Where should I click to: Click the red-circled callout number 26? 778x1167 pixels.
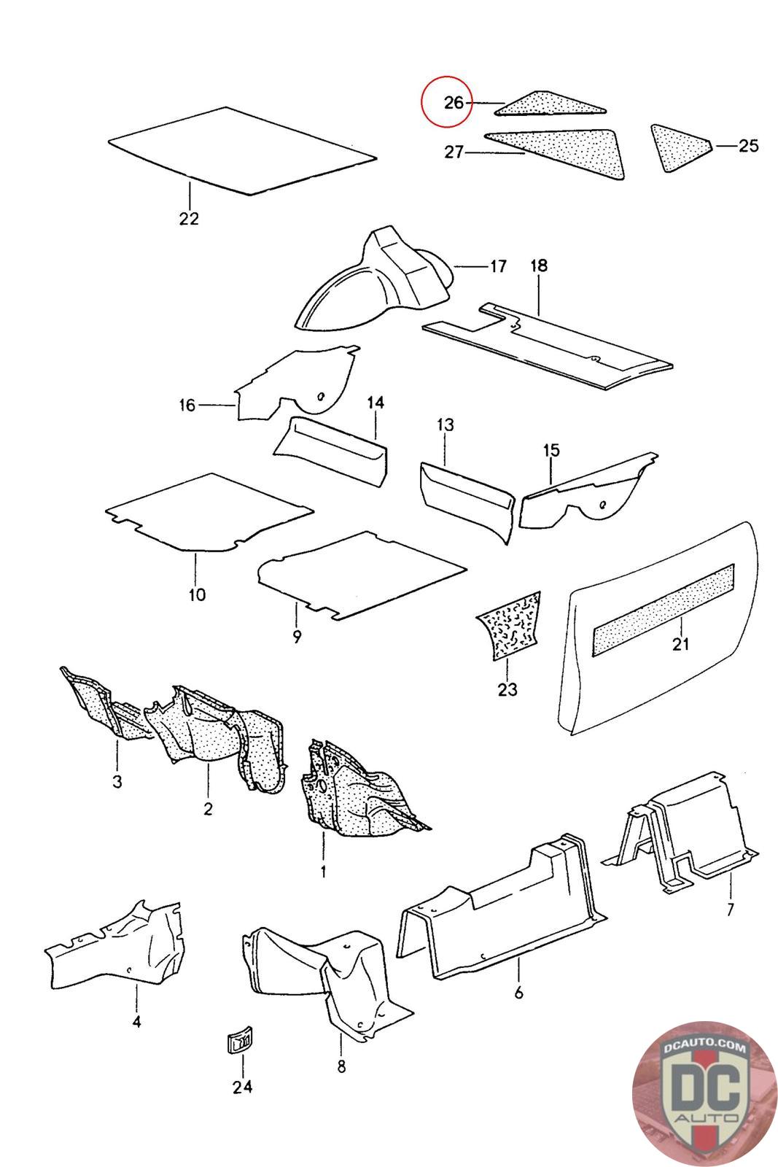click(x=453, y=103)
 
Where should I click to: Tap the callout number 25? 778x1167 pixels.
click(x=748, y=146)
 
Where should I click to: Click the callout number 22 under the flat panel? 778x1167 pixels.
click(x=189, y=218)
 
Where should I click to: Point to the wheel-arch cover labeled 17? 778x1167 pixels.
click(x=379, y=281)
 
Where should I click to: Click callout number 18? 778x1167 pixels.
click(x=538, y=265)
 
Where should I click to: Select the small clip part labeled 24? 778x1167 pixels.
click(x=238, y=1044)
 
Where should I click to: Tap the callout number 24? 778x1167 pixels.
click(x=242, y=1087)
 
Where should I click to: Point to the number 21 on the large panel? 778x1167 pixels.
click(x=680, y=644)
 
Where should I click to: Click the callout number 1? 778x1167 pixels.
click(x=323, y=871)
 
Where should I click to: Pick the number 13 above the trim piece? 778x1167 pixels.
click(x=446, y=424)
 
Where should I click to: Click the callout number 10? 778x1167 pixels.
click(x=197, y=594)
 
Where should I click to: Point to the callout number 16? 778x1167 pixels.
click(x=187, y=405)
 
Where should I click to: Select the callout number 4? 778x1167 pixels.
click(x=136, y=1022)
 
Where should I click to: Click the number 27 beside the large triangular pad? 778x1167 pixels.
click(x=454, y=153)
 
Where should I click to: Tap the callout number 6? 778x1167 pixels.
click(x=518, y=993)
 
